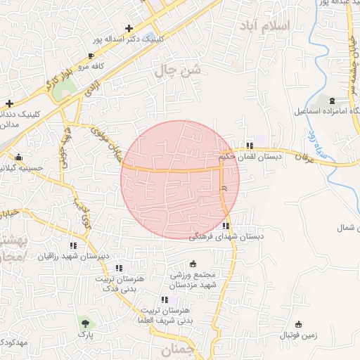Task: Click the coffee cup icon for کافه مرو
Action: click(91, 56)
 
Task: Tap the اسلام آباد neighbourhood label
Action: click(284, 26)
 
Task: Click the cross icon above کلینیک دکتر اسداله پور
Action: click(129, 29)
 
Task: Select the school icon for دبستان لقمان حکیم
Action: click(249, 146)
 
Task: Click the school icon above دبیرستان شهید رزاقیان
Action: click(73, 245)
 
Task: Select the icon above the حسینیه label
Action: click(18, 157)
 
